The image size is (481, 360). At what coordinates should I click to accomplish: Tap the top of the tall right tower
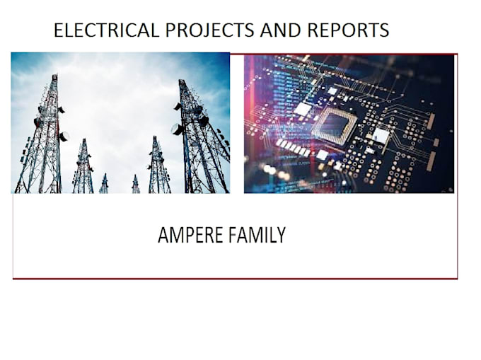coord(182,82)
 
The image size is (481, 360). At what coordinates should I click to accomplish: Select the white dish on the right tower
coord(176,129)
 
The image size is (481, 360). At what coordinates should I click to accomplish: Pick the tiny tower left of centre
coord(103,183)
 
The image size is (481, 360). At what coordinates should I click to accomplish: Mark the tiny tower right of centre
coord(135,184)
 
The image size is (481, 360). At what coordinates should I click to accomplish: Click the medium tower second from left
coord(83,166)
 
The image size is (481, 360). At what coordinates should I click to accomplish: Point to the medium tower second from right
coord(157,165)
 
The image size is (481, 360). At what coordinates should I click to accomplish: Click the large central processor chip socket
coord(335,124)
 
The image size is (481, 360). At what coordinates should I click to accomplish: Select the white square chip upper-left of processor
coord(303,109)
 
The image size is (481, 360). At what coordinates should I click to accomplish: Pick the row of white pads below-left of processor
coord(293,146)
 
